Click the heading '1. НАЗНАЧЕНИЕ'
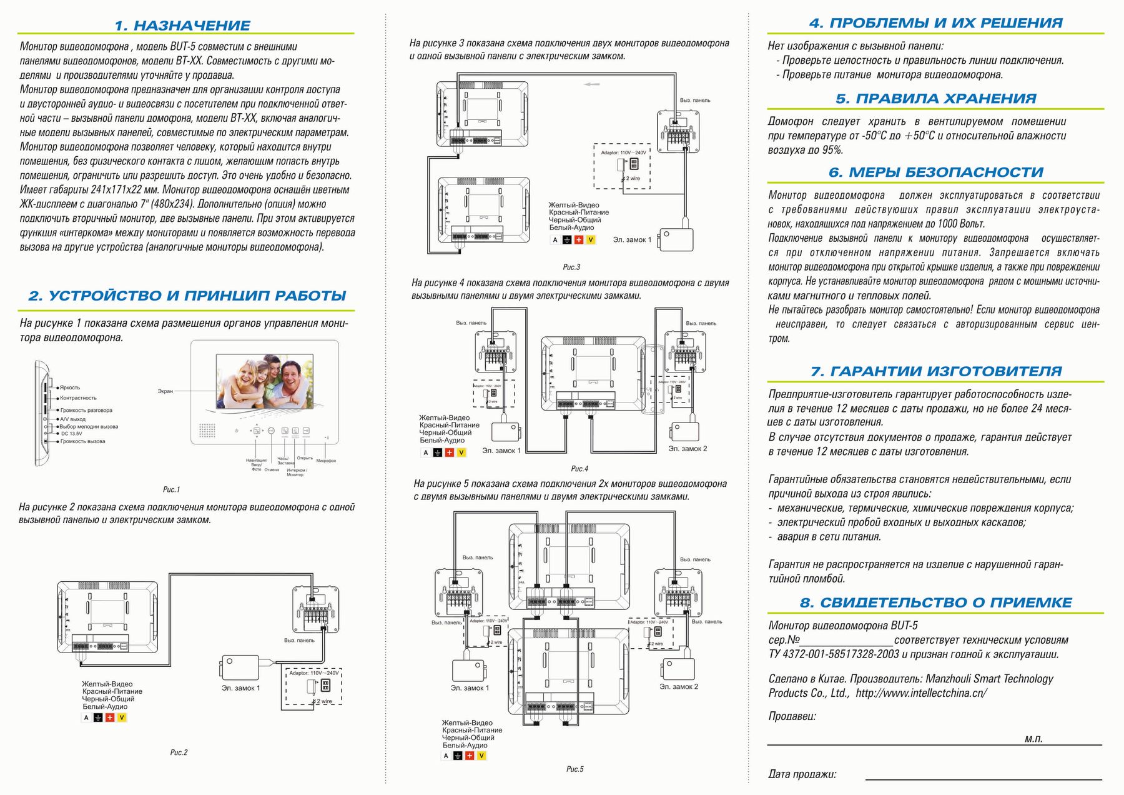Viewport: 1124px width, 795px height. click(x=182, y=26)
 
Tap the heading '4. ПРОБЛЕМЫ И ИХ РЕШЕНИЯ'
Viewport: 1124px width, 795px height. click(x=935, y=23)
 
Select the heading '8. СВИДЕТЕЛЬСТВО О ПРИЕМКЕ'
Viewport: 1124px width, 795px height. click(x=935, y=602)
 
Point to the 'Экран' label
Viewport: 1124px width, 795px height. click(x=165, y=391)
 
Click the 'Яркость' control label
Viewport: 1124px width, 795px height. click(x=70, y=387)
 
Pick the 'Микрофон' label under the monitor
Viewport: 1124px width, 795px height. click(x=326, y=461)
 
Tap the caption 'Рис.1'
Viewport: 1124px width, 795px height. click(x=171, y=489)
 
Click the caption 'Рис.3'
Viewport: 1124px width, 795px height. click(x=571, y=267)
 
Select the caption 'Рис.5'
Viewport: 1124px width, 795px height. click(x=574, y=769)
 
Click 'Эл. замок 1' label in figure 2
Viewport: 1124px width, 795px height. click(x=240, y=688)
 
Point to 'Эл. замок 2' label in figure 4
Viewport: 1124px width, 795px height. click(x=688, y=449)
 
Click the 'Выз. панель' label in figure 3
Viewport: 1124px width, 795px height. click(x=695, y=100)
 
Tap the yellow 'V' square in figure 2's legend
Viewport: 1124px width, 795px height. click(x=122, y=717)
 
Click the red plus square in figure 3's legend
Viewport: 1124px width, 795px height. click(x=579, y=240)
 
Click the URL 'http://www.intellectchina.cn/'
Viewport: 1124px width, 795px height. click(x=921, y=693)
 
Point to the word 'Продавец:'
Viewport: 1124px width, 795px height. click(x=792, y=716)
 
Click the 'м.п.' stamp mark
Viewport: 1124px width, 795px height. click(x=1033, y=739)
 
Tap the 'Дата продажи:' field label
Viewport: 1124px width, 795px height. click(x=802, y=774)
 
